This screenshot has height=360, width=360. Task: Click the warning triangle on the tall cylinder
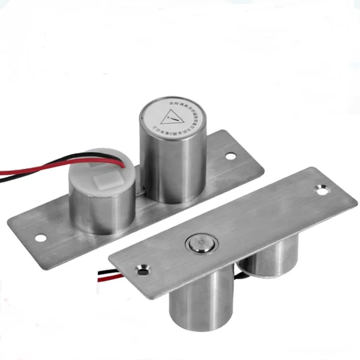[172, 118]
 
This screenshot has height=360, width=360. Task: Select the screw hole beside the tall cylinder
[230, 156]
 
